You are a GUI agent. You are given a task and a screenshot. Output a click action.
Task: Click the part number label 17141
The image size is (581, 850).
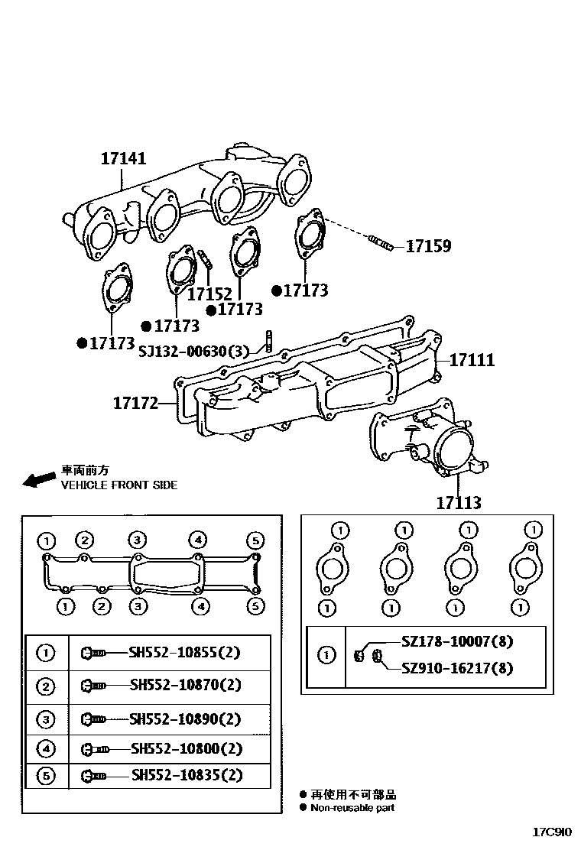point(123,159)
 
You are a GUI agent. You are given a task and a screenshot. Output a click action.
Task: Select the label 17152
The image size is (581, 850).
point(209,294)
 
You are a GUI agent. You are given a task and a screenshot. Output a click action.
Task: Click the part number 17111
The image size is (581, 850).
point(471,359)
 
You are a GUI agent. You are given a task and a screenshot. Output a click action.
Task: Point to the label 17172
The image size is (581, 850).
point(135,402)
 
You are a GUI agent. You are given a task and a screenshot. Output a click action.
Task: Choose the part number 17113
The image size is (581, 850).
point(459,502)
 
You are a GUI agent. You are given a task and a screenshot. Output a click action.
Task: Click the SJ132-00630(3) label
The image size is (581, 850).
point(194,351)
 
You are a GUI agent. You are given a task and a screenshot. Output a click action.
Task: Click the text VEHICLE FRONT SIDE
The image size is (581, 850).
point(118,485)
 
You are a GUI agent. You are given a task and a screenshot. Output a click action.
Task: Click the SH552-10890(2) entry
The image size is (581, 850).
point(185,718)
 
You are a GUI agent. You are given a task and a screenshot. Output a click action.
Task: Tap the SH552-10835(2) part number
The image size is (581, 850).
point(187,775)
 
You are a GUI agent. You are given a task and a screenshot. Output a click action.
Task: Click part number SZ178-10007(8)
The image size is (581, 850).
point(456,642)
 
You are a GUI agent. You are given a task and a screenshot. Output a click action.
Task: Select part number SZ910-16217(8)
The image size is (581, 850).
point(456,668)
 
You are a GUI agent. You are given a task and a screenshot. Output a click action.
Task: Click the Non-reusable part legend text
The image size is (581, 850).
point(352,807)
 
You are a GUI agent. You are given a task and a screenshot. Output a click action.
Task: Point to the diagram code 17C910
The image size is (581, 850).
point(553,832)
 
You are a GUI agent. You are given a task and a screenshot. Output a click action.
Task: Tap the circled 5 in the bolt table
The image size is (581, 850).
point(47,775)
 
